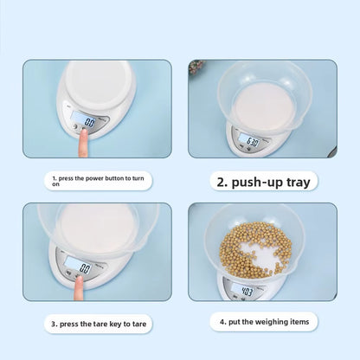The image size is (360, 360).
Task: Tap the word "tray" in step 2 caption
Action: (x=299, y=183)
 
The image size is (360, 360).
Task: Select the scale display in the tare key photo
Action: (x=78, y=266)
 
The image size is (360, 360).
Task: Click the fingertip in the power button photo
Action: (x=84, y=133)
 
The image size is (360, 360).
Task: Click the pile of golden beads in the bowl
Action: (x=255, y=249)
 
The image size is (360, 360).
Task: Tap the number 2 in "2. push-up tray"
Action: (x=221, y=183)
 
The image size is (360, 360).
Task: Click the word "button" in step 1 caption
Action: (x=114, y=178)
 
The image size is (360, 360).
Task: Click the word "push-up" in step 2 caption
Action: (x=258, y=183)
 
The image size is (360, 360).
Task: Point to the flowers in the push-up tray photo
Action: (x=196, y=67)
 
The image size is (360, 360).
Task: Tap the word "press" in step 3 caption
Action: (x=68, y=325)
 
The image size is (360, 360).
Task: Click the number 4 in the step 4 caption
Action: (x=222, y=322)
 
